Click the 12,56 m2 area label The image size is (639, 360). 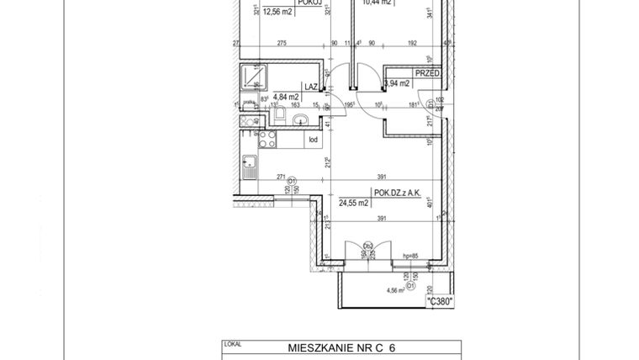(278, 13)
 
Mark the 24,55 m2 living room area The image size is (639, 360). (354, 203)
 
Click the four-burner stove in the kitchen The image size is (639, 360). (268, 140)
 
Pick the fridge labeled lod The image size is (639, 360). (311, 140)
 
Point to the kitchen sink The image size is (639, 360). (248, 172)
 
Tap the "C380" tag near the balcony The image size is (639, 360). (440, 301)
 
